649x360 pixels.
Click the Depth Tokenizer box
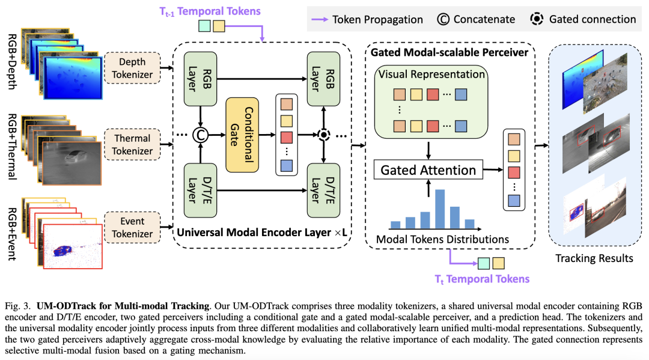tap(132, 67)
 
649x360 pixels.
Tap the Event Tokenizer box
tap(132, 227)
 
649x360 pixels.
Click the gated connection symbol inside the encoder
tap(324, 135)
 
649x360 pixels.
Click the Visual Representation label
tap(430, 75)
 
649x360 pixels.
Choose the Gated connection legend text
tap(592, 19)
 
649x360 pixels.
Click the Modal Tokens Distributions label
tap(442, 239)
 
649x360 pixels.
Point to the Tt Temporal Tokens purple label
tap(482, 279)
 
